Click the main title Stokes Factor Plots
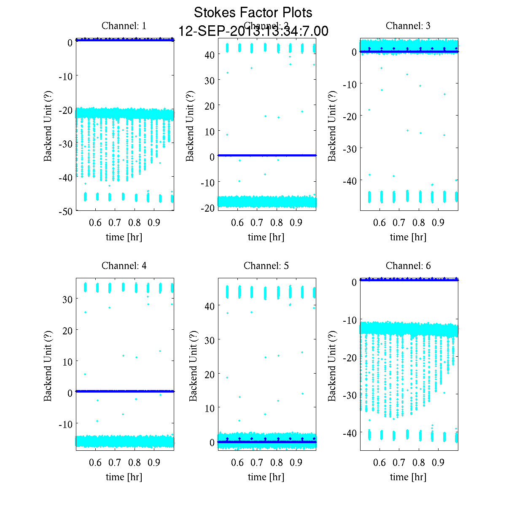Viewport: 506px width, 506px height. point(253,13)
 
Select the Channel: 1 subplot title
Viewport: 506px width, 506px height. point(124,26)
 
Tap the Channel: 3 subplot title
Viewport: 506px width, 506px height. point(408,26)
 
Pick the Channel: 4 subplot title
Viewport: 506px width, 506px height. point(124,266)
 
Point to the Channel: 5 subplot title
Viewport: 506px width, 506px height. point(266,266)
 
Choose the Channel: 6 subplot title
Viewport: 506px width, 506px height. point(408,266)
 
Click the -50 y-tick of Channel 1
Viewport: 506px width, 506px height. point(65,212)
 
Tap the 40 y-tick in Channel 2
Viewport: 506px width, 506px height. point(210,54)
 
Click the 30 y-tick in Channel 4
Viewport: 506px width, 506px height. point(67,299)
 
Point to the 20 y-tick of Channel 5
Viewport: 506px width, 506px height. point(210,374)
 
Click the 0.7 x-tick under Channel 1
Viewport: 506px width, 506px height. point(115,223)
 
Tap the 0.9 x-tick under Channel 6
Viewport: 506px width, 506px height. point(439,463)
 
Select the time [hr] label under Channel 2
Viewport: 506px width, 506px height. point(266,237)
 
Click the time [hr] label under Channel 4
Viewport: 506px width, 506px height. point(124,477)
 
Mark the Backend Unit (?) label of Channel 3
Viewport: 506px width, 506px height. point(332,126)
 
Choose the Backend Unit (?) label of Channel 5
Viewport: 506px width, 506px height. point(193,366)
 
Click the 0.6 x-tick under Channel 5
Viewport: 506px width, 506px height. point(237,463)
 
